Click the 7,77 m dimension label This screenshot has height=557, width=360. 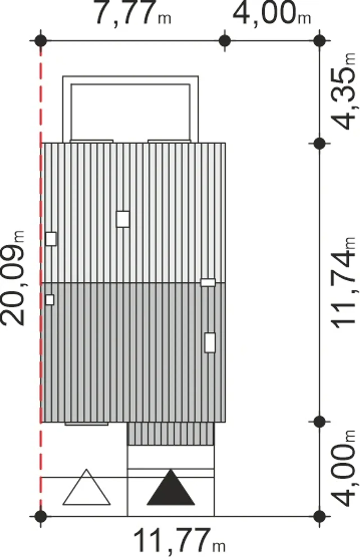point(133,14)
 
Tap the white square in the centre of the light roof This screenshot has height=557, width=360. point(123,219)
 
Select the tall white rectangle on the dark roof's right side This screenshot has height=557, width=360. point(210,343)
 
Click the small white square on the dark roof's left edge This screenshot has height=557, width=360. point(50,300)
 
